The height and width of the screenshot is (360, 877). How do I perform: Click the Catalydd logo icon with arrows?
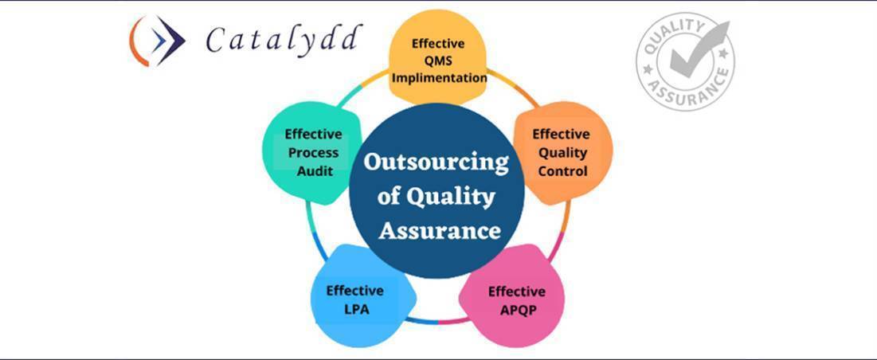(157, 41)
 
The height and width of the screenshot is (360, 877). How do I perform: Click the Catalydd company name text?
(284, 41)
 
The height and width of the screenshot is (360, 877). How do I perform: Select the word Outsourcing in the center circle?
(437, 163)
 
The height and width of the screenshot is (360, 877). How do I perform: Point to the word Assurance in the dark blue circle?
(440, 230)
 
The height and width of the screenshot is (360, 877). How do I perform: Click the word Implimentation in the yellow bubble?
(439, 78)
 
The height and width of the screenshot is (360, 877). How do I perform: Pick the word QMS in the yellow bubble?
(438, 61)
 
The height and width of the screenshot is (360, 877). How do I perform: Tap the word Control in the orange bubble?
(562, 171)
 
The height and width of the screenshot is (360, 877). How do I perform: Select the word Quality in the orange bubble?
(562, 153)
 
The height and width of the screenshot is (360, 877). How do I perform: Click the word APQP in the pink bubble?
(518, 310)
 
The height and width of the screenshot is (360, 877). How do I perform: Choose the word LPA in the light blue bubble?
(356, 309)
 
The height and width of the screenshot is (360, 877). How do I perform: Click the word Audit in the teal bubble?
(314, 171)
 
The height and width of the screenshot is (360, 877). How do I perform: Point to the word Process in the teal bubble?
(314, 153)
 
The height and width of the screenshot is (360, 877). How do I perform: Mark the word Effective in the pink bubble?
(517, 292)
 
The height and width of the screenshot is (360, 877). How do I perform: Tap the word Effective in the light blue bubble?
(354, 291)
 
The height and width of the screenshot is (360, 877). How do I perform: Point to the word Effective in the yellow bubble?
(438, 43)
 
